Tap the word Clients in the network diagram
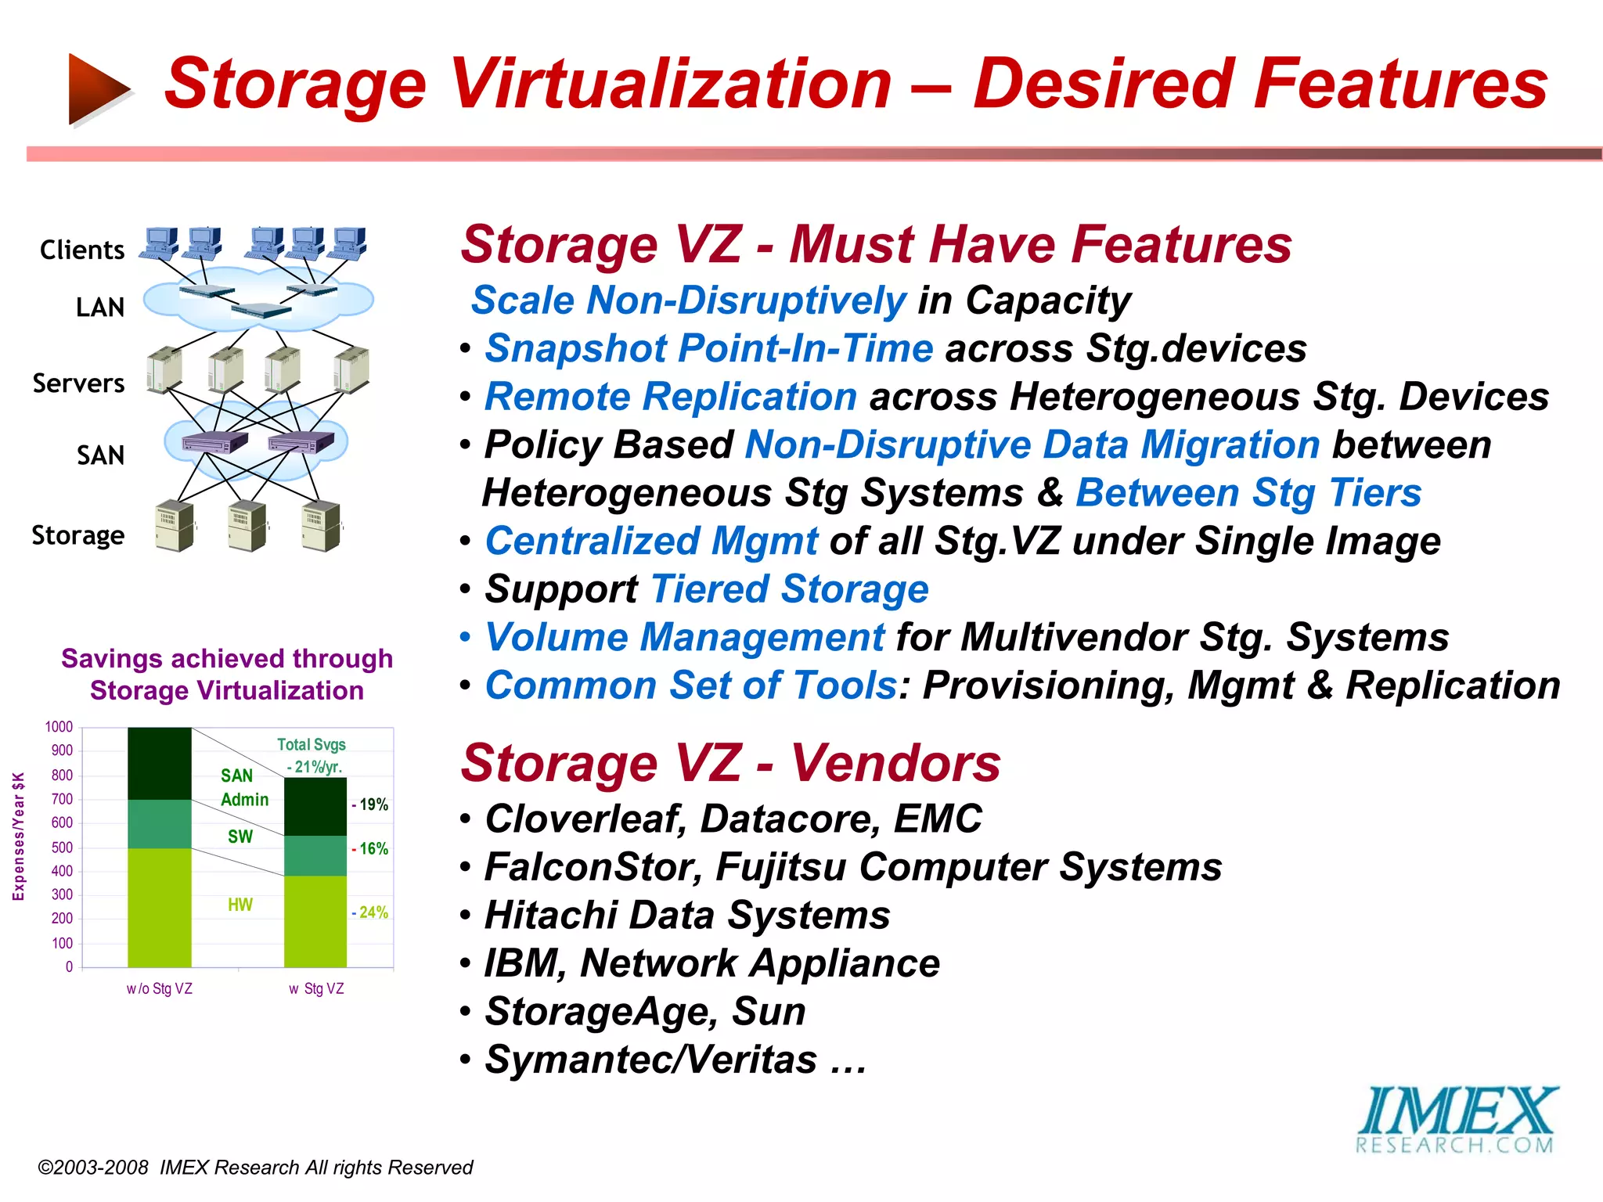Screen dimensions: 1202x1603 coord(82,250)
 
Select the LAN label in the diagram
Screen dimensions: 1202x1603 coord(100,308)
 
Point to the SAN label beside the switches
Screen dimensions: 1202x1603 coord(100,455)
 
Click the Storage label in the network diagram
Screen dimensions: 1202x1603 coord(78,535)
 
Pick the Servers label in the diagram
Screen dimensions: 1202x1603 coord(78,383)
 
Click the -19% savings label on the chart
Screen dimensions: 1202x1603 coord(371,804)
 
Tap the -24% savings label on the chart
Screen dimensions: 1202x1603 coord(371,912)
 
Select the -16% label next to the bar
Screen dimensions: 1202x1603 coord(371,849)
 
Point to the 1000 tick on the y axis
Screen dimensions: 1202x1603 coord(59,727)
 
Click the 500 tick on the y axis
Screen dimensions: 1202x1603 coord(62,848)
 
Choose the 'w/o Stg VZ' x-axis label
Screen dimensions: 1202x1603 coord(160,989)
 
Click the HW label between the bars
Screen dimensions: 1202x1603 coord(240,905)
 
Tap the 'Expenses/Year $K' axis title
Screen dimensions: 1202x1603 coord(19,836)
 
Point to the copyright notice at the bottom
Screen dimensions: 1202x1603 coord(255,1168)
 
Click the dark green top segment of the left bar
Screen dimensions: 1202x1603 coord(160,763)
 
